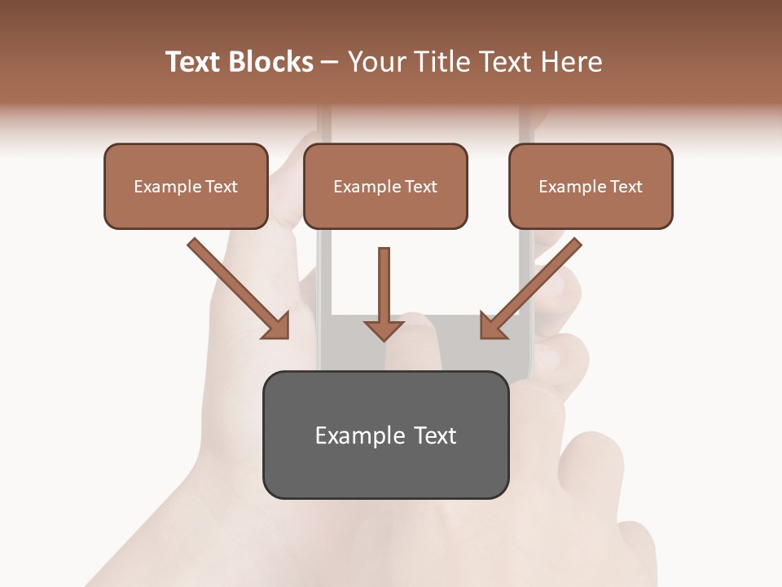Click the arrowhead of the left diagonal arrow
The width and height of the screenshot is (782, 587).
[278, 326]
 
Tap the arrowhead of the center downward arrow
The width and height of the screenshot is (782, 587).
[384, 329]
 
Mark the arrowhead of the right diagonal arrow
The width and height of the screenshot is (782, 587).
[492, 325]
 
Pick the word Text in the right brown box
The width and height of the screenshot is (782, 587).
[626, 187]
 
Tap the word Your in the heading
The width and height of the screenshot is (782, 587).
[376, 62]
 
